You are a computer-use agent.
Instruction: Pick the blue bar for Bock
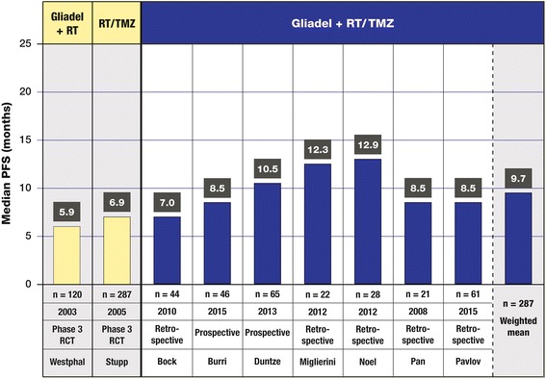pos(167,250)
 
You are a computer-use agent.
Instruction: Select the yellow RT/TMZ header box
pos(116,21)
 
